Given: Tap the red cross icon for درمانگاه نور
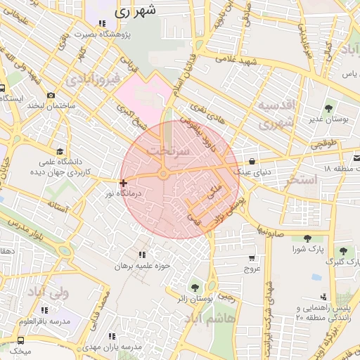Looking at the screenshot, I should (x=124, y=182).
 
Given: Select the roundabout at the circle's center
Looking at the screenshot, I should (x=163, y=174).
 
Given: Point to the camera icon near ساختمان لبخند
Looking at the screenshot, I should (x=51, y=96).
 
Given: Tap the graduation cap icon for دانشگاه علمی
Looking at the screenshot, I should (x=60, y=151).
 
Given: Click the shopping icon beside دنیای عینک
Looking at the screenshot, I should (x=252, y=161).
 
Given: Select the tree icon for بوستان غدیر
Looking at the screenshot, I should (x=328, y=108).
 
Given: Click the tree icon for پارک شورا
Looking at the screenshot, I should (x=307, y=238).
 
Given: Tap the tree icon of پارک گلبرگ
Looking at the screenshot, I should (x=343, y=251).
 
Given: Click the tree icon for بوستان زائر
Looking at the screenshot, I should (x=212, y=286).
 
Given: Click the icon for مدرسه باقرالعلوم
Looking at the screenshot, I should (x=45, y=310).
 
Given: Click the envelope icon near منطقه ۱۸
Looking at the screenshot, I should (x=356, y=157).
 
